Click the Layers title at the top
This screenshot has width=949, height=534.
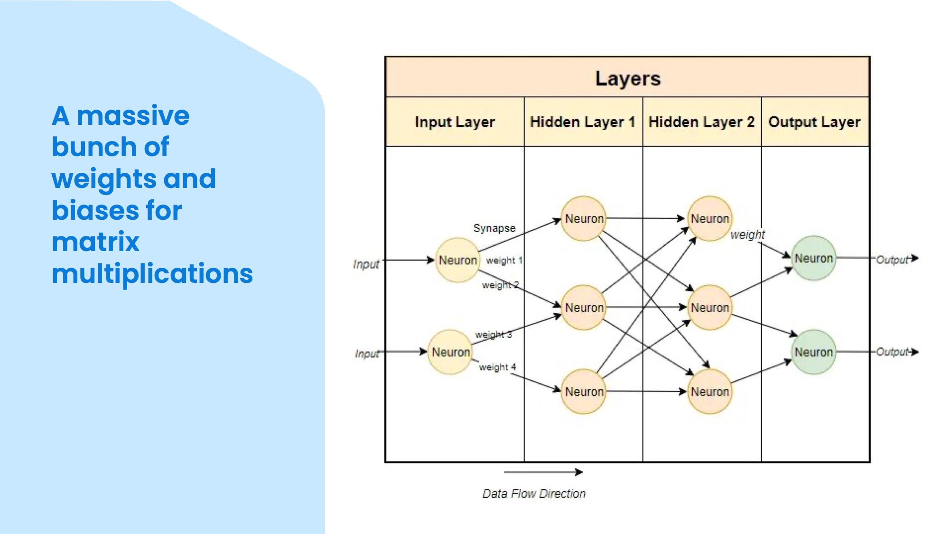[x=627, y=78]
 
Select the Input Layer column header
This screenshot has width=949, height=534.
[x=455, y=122]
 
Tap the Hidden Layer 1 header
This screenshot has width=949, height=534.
[x=583, y=122]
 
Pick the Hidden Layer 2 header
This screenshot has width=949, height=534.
[x=701, y=122]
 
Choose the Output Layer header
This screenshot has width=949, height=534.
[x=814, y=122]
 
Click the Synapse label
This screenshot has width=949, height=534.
[x=494, y=228]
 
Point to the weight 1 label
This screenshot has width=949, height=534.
[x=504, y=260]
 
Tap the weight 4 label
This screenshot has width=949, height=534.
[x=497, y=367]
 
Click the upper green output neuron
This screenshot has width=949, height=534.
[x=813, y=258]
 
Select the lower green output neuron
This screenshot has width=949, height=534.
[x=813, y=352]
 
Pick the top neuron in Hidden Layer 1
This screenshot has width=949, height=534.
[x=584, y=219]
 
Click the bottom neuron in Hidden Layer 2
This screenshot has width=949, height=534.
[x=709, y=392]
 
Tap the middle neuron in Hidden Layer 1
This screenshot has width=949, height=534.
[x=584, y=308]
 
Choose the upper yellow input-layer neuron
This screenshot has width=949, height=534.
[x=457, y=260]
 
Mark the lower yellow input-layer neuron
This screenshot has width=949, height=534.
[x=450, y=352]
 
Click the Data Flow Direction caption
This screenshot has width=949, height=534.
[x=534, y=494]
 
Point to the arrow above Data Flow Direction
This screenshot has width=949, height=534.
[x=543, y=472]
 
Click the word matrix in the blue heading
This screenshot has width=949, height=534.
[x=95, y=242]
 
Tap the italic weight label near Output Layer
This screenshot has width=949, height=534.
[x=747, y=234]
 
